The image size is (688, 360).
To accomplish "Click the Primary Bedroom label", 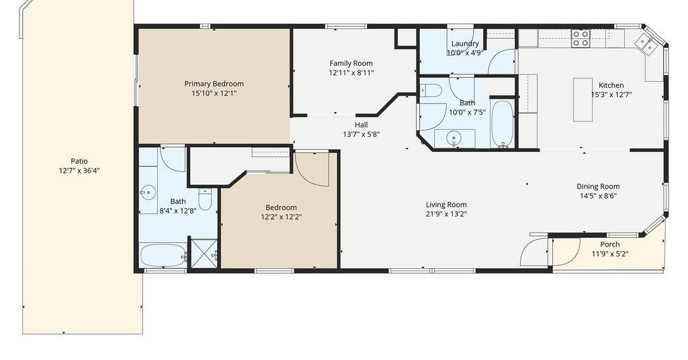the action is coord(214,84).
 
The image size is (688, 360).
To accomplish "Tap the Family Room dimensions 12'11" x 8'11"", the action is coord(351,73).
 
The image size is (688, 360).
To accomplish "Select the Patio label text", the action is coord(79,161).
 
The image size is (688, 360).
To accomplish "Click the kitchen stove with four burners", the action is coord(580,38).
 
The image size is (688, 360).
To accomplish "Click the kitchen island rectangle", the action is coord(583,99).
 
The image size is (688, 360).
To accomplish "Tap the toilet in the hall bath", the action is coord(431,91).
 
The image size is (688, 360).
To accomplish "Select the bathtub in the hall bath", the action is coord(503,124).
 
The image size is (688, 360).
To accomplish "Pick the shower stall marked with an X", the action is coord(204,253).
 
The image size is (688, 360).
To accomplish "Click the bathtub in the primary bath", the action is coord(163,255).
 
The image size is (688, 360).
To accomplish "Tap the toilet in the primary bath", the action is coord(205,199).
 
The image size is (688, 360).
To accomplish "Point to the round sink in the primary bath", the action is coord(148,192).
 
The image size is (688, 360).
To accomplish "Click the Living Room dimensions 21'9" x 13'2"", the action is coord(446,214).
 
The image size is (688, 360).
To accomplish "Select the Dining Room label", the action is coord(598,186).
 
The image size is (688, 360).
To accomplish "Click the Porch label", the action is coord(610,244).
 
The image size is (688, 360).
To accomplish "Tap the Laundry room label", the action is coord(465,44).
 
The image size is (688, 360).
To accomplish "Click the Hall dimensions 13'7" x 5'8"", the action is coord(361,134).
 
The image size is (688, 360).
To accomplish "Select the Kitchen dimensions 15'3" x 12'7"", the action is coord(611,95).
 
